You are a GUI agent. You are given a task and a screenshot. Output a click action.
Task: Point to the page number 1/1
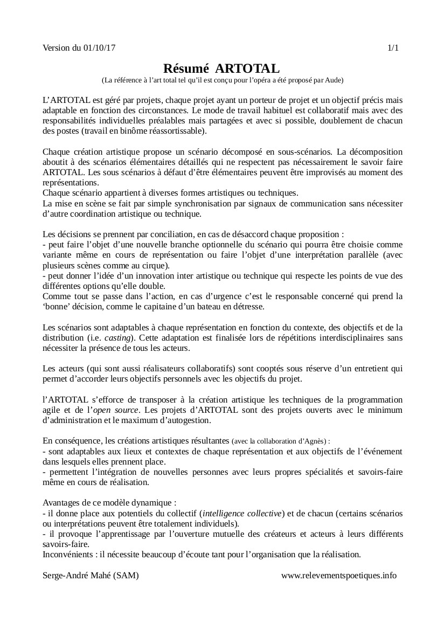[393, 48]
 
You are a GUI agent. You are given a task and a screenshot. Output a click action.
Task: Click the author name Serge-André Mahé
[77, 575]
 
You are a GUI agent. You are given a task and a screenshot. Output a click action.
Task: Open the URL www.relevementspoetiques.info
[338, 575]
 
